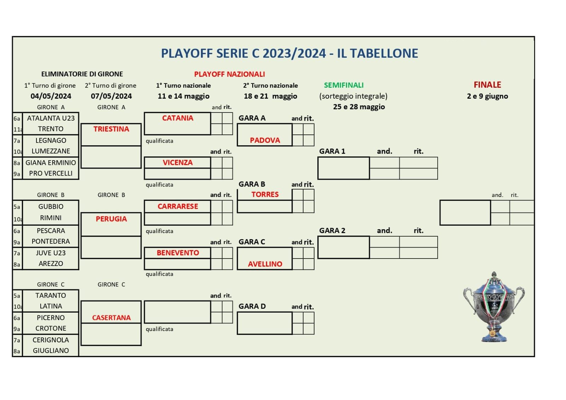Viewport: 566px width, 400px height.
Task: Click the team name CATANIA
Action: (x=178, y=118)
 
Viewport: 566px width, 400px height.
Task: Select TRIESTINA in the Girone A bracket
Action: (x=111, y=129)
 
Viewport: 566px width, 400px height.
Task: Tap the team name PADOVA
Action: (x=265, y=140)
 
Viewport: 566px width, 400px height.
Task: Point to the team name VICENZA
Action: (x=178, y=162)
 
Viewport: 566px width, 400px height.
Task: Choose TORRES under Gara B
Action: (x=265, y=194)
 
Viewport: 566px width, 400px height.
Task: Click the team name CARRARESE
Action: (x=178, y=207)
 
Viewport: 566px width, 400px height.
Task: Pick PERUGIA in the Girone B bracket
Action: (x=111, y=219)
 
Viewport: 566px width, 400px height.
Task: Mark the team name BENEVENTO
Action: (x=178, y=253)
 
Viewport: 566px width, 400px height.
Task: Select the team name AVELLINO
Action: (x=265, y=264)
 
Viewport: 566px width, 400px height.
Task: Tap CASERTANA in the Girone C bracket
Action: (x=111, y=318)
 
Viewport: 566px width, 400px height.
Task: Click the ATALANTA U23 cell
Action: (x=51, y=118)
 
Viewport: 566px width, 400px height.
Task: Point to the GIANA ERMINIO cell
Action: (x=51, y=163)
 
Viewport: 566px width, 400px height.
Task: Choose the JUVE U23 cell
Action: (x=51, y=253)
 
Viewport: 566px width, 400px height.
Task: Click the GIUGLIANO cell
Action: (x=51, y=350)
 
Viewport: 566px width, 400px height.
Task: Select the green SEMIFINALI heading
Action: (x=343, y=85)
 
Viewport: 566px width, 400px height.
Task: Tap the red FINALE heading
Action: (x=487, y=85)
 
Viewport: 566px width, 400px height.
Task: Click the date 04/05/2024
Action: (x=51, y=96)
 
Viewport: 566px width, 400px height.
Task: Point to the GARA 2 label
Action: (x=332, y=231)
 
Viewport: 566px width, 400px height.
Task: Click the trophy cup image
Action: (x=494, y=307)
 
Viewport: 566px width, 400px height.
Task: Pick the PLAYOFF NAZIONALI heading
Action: (x=230, y=74)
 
